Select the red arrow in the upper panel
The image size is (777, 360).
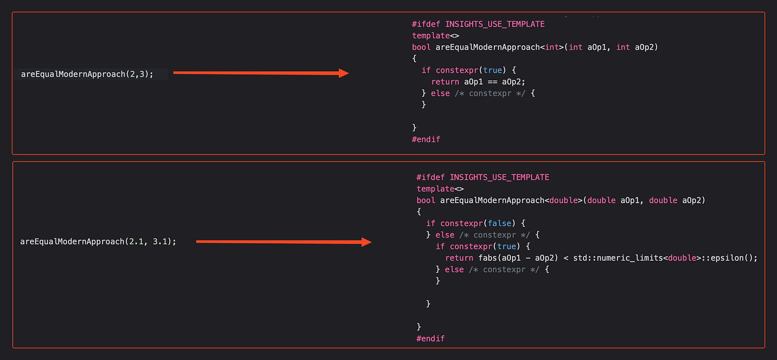click(x=261, y=73)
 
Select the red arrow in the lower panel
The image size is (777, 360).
click(x=284, y=242)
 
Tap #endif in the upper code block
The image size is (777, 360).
click(x=426, y=139)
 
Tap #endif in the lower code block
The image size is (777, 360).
click(x=430, y=338)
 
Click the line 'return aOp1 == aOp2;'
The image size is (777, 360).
click(x=478, y=81)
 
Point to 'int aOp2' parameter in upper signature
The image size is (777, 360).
click(x=637, y=47)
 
